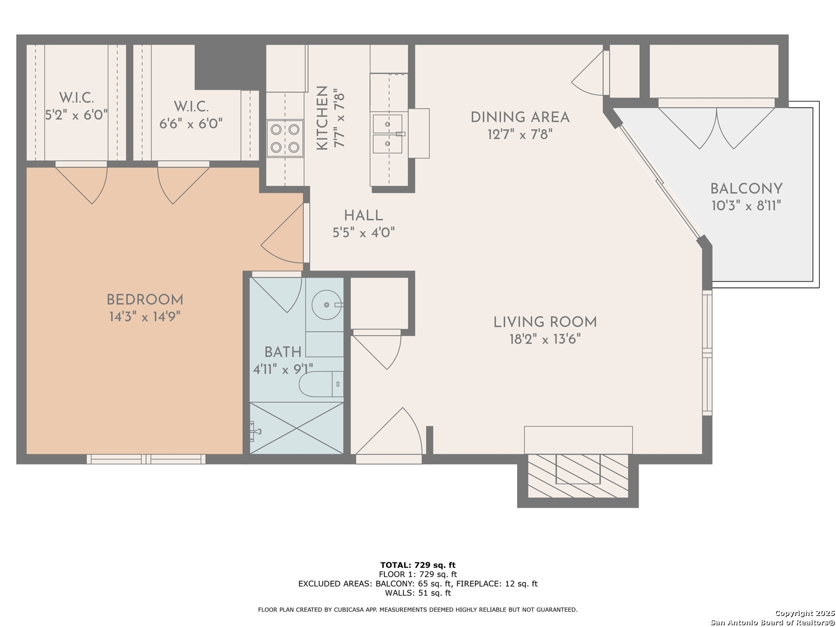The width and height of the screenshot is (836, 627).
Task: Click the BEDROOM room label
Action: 145,300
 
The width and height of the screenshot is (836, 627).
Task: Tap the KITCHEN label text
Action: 322,118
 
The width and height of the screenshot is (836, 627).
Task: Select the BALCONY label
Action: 746,189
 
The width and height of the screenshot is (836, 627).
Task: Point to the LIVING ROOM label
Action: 545,322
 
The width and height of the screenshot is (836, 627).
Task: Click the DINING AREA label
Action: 520,117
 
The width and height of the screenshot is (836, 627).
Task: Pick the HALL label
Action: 363,215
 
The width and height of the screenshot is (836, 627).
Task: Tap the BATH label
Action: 283,352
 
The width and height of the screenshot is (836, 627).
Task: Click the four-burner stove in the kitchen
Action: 285,138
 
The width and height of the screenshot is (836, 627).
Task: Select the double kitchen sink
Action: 387,134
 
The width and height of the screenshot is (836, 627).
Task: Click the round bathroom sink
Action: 326,305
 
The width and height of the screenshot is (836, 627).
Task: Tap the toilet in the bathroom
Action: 321,384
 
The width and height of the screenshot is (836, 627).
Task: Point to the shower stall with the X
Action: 297,428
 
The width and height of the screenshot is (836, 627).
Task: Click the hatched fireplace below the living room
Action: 578,476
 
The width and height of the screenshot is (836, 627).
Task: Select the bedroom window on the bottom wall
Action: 146,459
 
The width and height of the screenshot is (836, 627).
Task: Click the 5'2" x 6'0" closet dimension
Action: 77,114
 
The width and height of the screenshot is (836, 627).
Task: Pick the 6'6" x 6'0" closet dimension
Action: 191,123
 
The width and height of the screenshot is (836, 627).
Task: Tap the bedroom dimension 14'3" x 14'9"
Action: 145,317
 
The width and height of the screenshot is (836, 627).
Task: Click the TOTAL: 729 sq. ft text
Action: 418,565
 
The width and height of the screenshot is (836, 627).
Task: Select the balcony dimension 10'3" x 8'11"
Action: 746,206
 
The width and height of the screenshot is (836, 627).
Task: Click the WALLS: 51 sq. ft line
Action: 418,593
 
